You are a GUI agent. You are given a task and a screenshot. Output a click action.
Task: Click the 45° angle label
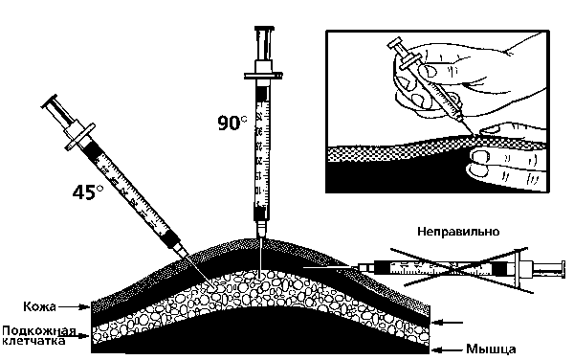(88, 192)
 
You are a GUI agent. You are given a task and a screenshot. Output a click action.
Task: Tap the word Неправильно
(458, 232)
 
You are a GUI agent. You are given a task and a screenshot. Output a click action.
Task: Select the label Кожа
(39, 306)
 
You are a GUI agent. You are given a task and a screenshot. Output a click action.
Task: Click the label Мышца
(492, 349)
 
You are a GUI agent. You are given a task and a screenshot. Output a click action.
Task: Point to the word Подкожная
(39, 331)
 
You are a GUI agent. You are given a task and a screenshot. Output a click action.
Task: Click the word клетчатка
(34, 341)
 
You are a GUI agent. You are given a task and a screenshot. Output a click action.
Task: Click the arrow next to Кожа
(75, 306)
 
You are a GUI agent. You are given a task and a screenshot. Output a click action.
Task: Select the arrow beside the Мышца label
(448, 349)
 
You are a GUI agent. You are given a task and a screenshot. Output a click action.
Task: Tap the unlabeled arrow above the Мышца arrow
(448, 323)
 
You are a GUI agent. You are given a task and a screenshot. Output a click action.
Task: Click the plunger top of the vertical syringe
(264, 29)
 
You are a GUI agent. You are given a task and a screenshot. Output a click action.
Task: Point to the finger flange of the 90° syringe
(263, 76)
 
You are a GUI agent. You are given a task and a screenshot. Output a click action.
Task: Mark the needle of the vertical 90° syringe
(260, 257)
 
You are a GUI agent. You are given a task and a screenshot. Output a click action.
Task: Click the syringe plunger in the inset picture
(398, 49)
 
